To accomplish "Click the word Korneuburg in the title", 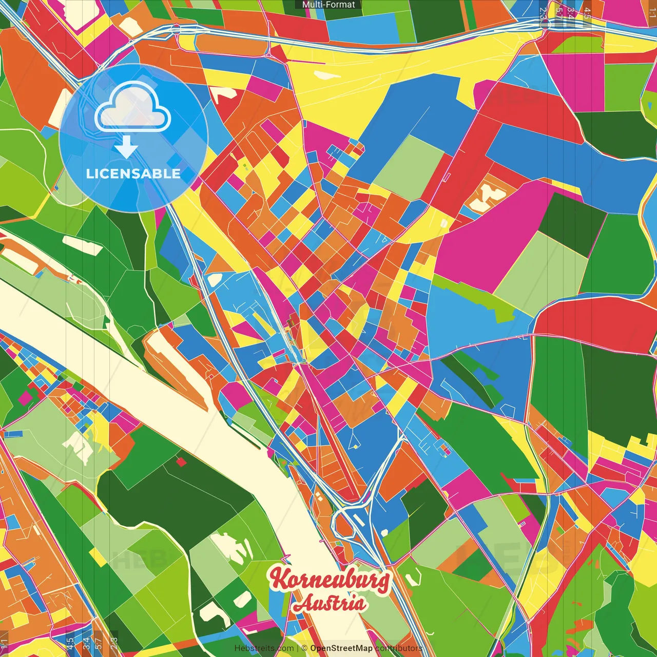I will (330, 579).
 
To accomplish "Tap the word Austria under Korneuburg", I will (330, 603).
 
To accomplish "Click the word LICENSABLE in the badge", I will (133, 173).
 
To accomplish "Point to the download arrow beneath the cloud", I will (126, 147).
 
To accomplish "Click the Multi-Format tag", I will (328, 5).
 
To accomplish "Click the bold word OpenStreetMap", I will (341, 648).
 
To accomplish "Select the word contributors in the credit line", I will (398, 648).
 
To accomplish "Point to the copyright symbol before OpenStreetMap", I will (304, 648).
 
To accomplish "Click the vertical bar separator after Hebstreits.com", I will (297, 648).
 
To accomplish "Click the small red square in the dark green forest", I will (181, 462).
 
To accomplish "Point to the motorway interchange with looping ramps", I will (349, 518).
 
